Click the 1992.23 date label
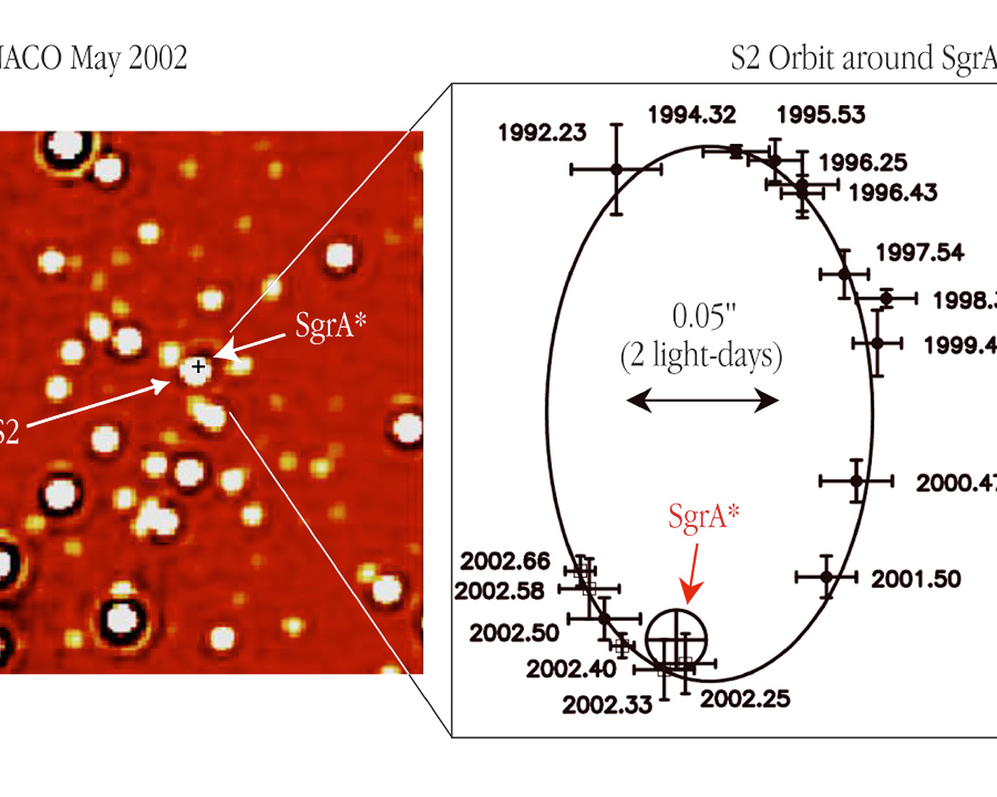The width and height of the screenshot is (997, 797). [542, 133]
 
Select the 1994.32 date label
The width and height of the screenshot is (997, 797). [692, 115]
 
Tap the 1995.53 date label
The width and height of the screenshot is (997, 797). [821, 115]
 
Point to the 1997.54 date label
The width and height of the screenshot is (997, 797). [920, 252]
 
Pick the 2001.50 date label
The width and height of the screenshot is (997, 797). [916, 579]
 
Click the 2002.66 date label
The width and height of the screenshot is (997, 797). [505, 561]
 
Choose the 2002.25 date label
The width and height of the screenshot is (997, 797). [745, 699]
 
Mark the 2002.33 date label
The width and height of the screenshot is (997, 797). [607, 705]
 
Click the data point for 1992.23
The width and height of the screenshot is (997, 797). [616, 169]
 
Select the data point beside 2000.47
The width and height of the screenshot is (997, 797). [857, 482]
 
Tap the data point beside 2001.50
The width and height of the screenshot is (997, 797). [826, 577]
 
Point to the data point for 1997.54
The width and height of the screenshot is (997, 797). [844, 274]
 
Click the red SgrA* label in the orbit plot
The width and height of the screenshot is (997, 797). [703, 516]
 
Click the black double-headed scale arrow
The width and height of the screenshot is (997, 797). [703, 401]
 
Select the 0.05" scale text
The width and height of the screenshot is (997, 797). [703, 317]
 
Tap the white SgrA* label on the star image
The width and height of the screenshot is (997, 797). [330, 325]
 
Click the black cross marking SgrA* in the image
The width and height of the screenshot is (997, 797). [198, 366]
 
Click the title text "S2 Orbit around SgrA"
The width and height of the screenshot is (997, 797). [863, 58]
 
